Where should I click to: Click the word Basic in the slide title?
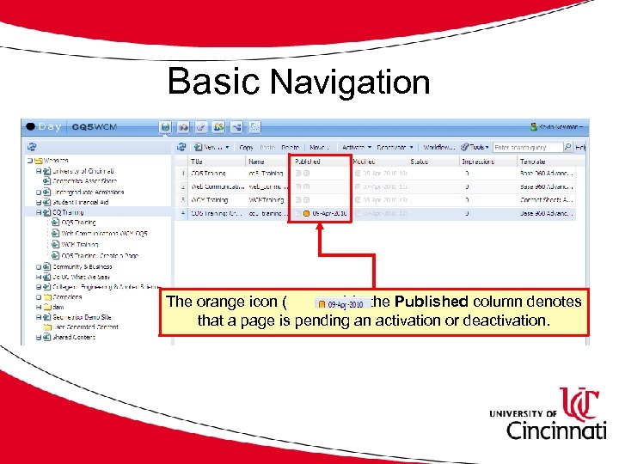[213, 82]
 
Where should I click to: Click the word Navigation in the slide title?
[349, 83]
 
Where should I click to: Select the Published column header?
[308, 161]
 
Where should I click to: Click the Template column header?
[534, 161]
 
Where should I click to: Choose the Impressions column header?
[479, 161]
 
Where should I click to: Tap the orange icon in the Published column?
[306, 213]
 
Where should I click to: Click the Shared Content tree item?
[76, 337]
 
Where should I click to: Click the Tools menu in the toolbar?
[477, 147]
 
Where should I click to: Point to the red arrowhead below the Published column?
[320, 228]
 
